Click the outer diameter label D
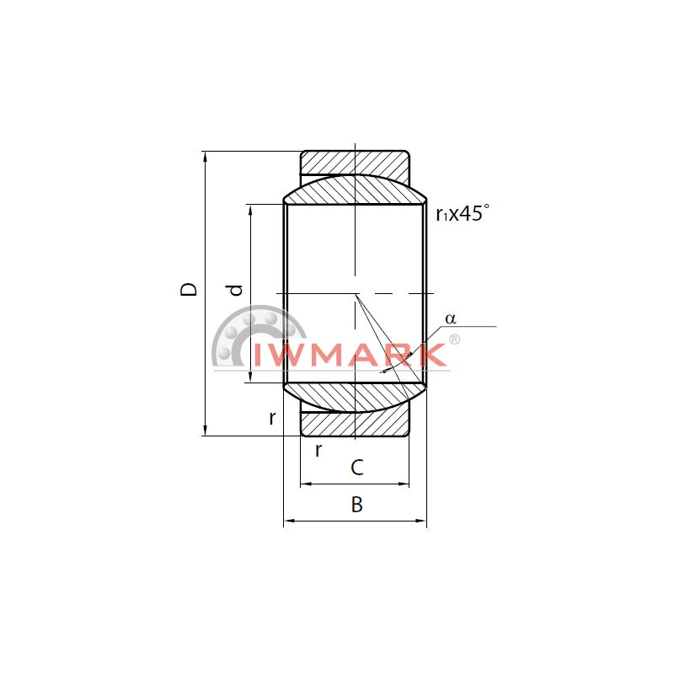188,289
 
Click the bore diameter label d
236,290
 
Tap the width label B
356,504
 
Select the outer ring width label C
357,468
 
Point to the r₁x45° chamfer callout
463,213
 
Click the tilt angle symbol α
451,318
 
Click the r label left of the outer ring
271,417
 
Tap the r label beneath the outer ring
318,450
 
